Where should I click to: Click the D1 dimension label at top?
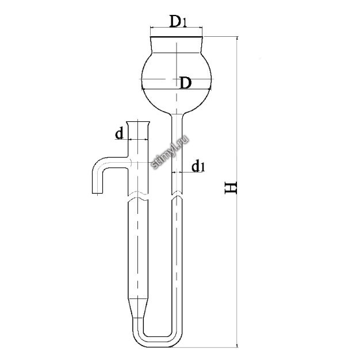[178, 21]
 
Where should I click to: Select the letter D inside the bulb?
[186, 83]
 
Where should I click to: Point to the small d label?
[119, 133]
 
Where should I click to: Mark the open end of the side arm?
[97, 193]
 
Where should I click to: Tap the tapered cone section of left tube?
[138, 308]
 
